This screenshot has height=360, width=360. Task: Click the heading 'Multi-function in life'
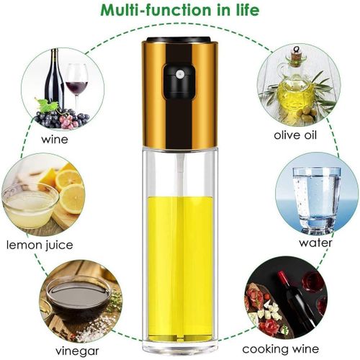click(x=179, y=12)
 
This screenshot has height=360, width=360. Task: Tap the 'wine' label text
click(x=55, y=138)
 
